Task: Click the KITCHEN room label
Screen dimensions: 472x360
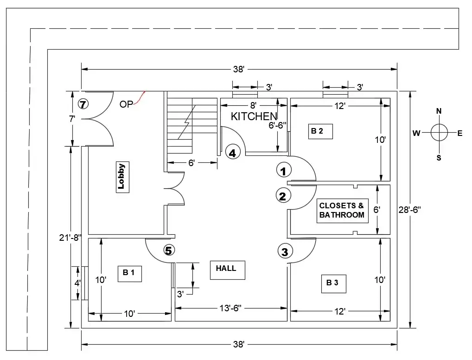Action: (254, 116)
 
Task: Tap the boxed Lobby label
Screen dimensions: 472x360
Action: (122, 177)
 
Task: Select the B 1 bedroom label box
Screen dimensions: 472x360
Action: (130, 274)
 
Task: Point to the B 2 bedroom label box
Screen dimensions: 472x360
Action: (320, 131)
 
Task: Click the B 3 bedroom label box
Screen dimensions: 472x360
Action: (334, 283)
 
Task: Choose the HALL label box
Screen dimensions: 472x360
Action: (227, 270)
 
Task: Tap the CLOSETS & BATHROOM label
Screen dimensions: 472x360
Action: (342, 210)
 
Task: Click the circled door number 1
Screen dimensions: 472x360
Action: (284, 170)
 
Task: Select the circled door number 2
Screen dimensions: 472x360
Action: (283, 195)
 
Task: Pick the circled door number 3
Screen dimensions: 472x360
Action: (285, 251)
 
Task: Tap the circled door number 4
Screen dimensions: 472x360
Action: (233, 153)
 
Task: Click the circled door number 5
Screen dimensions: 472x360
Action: (169, 250)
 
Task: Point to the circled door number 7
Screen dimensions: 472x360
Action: (83, 104)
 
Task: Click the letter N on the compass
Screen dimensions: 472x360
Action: (439, 111)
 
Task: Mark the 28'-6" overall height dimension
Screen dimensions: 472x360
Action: (410, 210)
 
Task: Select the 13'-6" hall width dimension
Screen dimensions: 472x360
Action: (230, 308)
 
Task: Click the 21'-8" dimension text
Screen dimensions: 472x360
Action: (70, 238)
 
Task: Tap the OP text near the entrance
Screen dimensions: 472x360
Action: (126, 104)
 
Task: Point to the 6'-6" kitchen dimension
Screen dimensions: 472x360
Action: (278, 125)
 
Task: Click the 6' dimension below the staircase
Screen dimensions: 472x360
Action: (192, 163)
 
